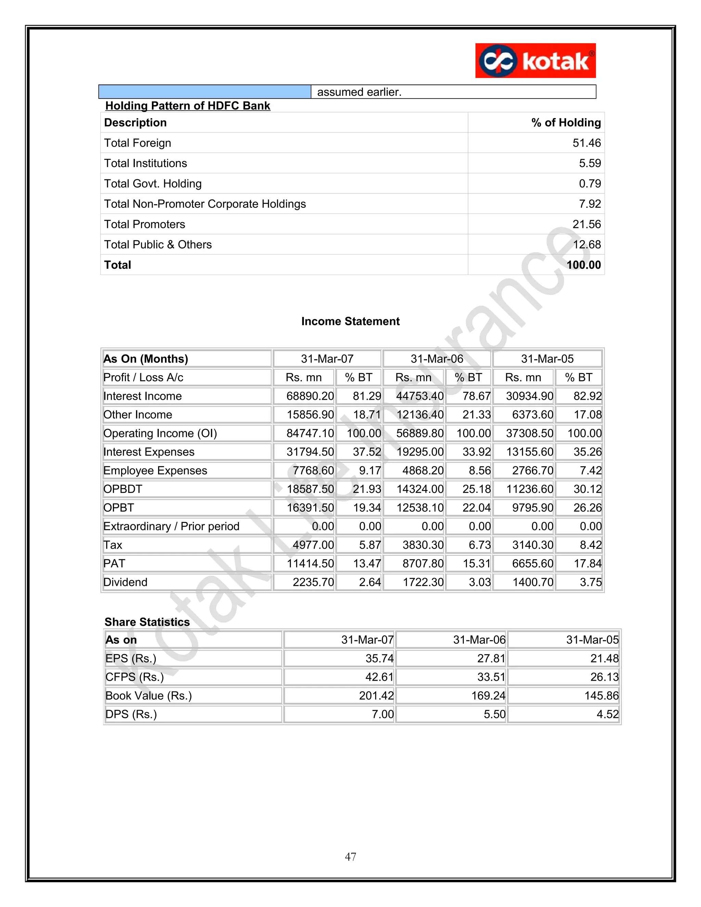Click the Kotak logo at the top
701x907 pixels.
pyautogui.click(x=535, y=61)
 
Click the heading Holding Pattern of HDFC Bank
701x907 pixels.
pyautogui.click(x=187, y=105)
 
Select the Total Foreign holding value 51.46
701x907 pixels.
pyautogui.click(x=586, y=143)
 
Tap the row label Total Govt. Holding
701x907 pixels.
pyautogui.click(x=153, y=183)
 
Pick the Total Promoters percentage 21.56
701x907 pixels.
pyautogui.click(x=586, y=224)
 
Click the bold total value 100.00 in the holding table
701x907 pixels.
pyautogui.click(x=584, y=265)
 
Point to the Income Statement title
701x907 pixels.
pyautogui.click(x=350, y=321)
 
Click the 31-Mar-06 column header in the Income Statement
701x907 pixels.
pyautogui.click(x=436, y=359)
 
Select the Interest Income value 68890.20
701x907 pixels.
pyautogui.click(x=310, y=396)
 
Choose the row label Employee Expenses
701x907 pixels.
pyautogui.click(x=155, y=471)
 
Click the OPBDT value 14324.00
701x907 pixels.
pyautogui.click(x=420, y=489)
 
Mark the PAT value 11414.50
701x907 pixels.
pyautogui.click(x=310, y=564)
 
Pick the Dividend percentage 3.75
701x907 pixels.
pyautogui.click(x=590, y=582)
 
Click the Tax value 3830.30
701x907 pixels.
pyautogui.click(x=423, y=545)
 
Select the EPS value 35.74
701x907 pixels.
pyautogui.click(x=379, y=658)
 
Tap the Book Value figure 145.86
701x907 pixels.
pyautogui.click(x=601, y=695)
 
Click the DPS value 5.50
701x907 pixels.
pyautogui.click(x=494, y=714)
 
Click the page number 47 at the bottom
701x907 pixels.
pyautogui.click(x=350, y=857)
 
